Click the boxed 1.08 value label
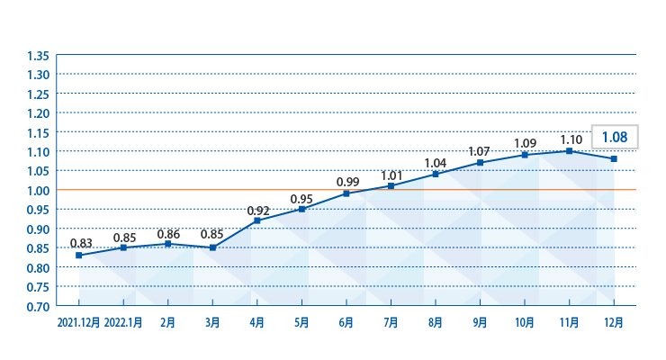click(615, 137)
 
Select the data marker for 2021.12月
click(79, 255)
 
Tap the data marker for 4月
click(257, 220)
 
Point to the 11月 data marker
click(569, 150)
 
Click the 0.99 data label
click(348, 182)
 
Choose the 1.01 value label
click(391, 175)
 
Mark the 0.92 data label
click(258, 211)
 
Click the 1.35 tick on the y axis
click(38, 56)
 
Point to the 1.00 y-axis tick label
click(38, 191)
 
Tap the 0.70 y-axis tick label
click(38, 307)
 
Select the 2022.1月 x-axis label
click(123, 322)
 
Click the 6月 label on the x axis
click(346, 322)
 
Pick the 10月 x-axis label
click(525, 322)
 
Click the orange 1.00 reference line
click(346, 189)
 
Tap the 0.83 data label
click(81, 243)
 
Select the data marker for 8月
click(436, 174)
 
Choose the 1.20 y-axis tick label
click(38, 113)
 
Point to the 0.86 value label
click(168, 234)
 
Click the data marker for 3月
click(212, 247)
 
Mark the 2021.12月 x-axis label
click(78, 322)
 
